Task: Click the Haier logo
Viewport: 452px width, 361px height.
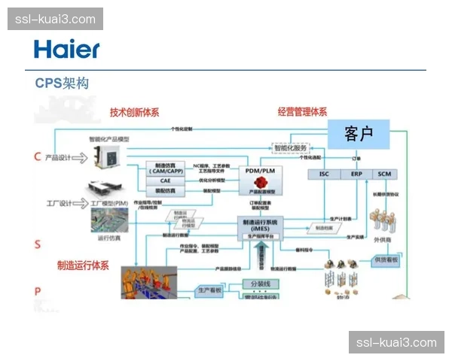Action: coord(66,50)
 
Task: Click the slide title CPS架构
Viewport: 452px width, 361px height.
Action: coord(62,83)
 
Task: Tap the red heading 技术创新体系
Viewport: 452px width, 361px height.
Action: coord(134,113)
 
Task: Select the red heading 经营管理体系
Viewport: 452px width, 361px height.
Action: coord(302,113)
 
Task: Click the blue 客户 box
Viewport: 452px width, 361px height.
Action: coord(359,134)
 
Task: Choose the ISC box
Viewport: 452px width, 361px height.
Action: coord(324,174)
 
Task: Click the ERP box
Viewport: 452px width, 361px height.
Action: coord(356,174)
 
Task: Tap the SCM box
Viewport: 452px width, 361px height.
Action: coord(385,174)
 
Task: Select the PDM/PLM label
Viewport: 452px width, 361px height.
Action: coord(258,171)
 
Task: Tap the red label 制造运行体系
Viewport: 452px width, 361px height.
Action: coord(83,265)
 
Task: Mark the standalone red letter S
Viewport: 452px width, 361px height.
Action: coord(37,244)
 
